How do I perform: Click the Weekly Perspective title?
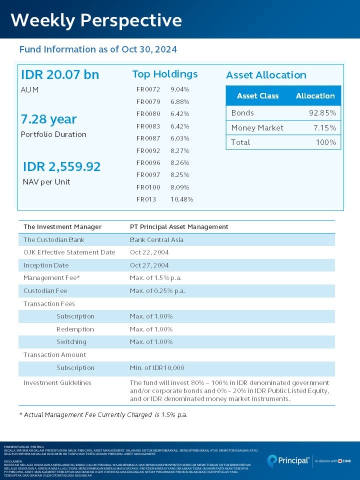pos(96,20)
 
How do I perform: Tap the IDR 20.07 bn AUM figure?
pos(60,74)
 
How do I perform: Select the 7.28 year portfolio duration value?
pos(48,119)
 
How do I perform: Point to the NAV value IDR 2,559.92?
pos(61,166)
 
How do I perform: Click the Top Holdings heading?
pos(164,74)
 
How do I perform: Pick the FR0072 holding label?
pos(148,89)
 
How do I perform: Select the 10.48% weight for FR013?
pos(181,199)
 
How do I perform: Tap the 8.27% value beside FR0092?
pos(179,150)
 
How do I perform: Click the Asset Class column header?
pos(257,96)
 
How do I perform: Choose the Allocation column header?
pos(315,96)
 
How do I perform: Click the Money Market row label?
pos(257,128)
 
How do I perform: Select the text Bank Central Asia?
pos(156,240)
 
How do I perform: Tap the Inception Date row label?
pos(46,265)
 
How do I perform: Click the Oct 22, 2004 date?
pos(149,252)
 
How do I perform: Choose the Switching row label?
pos(71,342)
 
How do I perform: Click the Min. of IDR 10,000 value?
pos(157,368)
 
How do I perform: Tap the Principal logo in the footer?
pos(288,460)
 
